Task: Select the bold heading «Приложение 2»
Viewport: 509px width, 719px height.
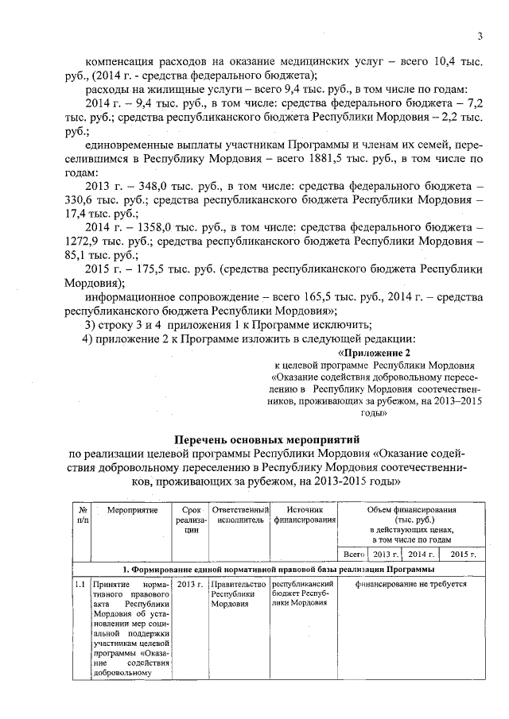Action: click(375, 352)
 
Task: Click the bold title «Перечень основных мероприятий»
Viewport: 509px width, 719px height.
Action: click(267, 438)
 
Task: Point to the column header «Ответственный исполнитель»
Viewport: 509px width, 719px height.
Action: click(239, 515)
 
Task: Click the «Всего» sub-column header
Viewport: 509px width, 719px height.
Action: click(352, 554)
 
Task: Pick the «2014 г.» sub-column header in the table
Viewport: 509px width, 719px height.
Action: click(421, 554)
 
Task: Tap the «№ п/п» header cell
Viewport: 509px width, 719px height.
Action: click(82, 515)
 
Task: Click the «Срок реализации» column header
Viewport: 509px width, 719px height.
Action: click(191, 521)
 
